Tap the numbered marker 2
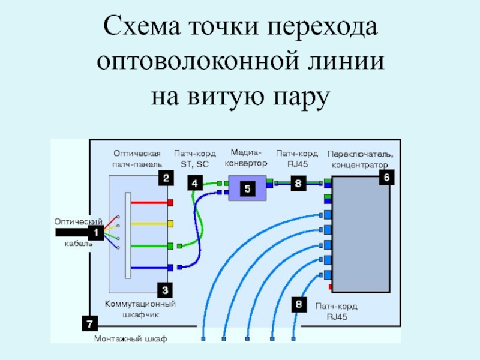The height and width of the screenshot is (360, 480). pyautogui.click(x=166, y=178)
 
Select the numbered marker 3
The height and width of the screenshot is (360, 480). pyautogui.click(x=166, y=290)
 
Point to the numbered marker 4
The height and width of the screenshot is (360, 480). pyautogui.click(x=194, y=183)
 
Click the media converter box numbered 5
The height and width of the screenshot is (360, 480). pyautogui.click(x=247, y=189)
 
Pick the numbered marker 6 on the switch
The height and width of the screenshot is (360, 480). pyautogui.click(x=386, y=178)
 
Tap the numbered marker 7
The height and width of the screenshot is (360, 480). pyautogui.click(x=89, y=324)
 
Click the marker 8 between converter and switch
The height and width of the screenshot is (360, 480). pyautogui.click(x=298, y=183)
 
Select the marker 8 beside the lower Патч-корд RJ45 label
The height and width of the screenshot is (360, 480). pyautogui.click(x=298, y=304)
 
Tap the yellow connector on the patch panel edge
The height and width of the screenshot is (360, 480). pyautogui.click(x=171, y=224)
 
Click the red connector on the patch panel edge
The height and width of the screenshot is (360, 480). pyautogui.click(x=171, y=203)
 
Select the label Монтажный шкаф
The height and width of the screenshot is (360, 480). pyautogui.click(x=131, y=339)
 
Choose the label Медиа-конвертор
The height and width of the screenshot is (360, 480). pyautogui.click(x=247, y=157)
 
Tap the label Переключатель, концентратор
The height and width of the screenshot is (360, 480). pyautogui.click(x=360, y=159)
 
